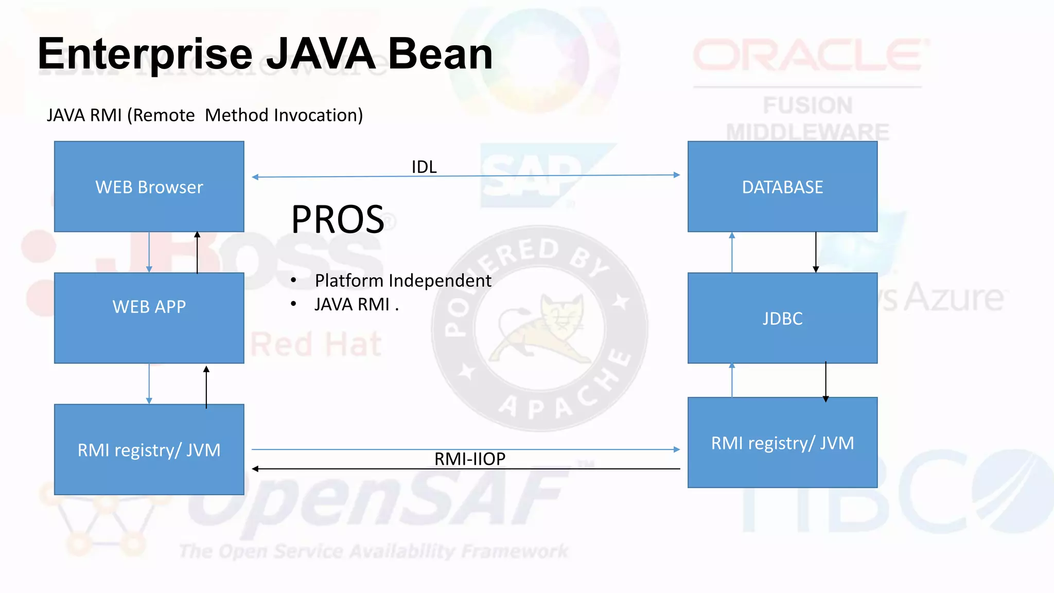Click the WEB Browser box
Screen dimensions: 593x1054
pyautogui.click(x=149, y=186)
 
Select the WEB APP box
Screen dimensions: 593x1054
pyautogui.click(x=149, y=318)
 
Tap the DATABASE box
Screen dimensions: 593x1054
pyautogui.click(x=782, y=186)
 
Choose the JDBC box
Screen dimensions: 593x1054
pyautogui.click(x=782, y=318)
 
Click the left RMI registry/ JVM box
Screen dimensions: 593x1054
pyautogui.click(x=149, y=449)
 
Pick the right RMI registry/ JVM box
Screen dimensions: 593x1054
pyautogui.click(x=782, y=443)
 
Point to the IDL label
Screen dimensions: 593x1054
pyautogui.click(x=424, y=167)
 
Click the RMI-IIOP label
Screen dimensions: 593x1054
pyautogui.click(x=469, y=458)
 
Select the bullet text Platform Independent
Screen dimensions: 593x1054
pyautogui.click(x=403, y=281)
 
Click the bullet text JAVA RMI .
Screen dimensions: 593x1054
pyautogui.click(x=352, y=305)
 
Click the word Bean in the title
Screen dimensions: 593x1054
pyautogui.click(x=440, y=54)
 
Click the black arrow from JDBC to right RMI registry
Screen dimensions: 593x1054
pyautogui.click(x=825, y=381)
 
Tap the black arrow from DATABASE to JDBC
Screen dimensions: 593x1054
pyautogui.click(x=816, y=252)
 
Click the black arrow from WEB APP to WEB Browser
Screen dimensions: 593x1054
pyautogui.click(x=197, y=252)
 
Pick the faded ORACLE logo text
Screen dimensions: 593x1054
pyautogui.click(x=808, y=56)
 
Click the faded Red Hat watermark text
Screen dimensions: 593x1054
pyautogui.click(x=316, y=344)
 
